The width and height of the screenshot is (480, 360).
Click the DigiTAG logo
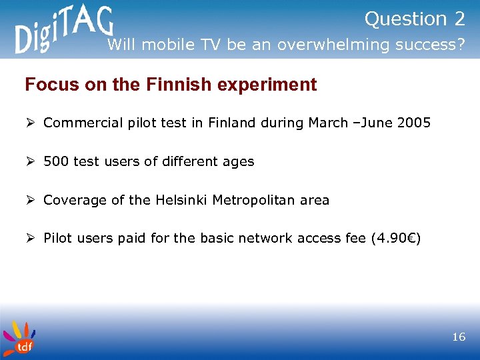coord(64,31)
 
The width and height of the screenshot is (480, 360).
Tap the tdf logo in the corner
coord(18,337)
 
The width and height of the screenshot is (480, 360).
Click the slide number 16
coord(459,337)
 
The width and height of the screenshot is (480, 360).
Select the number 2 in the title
coord(459,19)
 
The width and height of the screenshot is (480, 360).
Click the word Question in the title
coord(405,20)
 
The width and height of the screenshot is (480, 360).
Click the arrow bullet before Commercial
coord(29,123)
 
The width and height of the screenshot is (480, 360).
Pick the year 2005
coord(414,123)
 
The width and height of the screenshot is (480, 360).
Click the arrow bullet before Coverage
coord(29,200)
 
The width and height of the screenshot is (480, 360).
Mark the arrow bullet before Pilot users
coord(29,238)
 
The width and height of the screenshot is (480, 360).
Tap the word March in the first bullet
coord(327,123)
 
